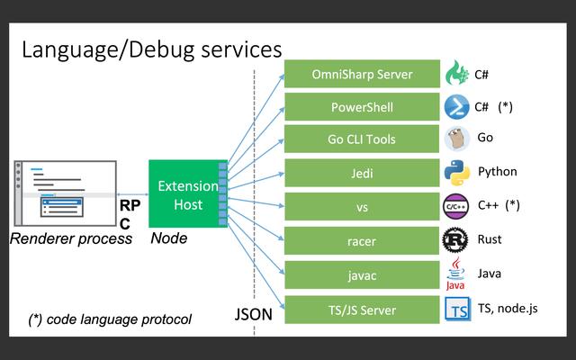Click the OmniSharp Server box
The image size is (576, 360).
(x=362, y=74)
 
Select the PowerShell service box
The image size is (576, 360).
(x=362, y=107)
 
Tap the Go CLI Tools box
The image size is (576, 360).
(x=362, y=139)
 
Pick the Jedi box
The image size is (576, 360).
(x=362, y=173)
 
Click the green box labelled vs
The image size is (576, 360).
(x=362, y=207)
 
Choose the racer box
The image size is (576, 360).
(x=362, y=241)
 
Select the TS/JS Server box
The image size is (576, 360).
(x=362, y=310)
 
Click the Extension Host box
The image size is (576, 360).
(x=187, y=194)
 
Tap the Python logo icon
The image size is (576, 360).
(x=457, y=172)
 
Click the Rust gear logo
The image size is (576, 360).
(x=456, y=240)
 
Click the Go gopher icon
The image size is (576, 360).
(x=457, y=139)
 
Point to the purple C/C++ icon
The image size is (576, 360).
(x=456, y=206)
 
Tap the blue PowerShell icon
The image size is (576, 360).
(x=457, y=106)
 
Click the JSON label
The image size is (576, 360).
(x=253, y=315)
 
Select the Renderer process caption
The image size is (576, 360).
(x=71, y=239)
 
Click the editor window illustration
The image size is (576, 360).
(x=66, y=193)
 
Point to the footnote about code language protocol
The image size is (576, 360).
(x=109, y=319)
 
